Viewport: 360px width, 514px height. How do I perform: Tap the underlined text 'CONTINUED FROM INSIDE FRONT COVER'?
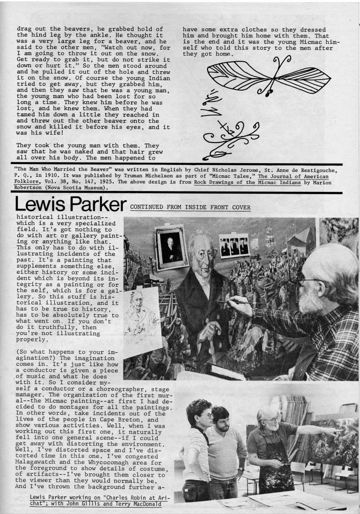pyautogui.click(x=190, y=207)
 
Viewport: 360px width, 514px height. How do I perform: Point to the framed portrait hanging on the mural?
pyautogui.click(x=171, y=247)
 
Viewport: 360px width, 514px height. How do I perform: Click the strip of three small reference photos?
pyautogui.click(x=234, y=246)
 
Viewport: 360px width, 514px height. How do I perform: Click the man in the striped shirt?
pyautogui.click(x=197, y=448)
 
